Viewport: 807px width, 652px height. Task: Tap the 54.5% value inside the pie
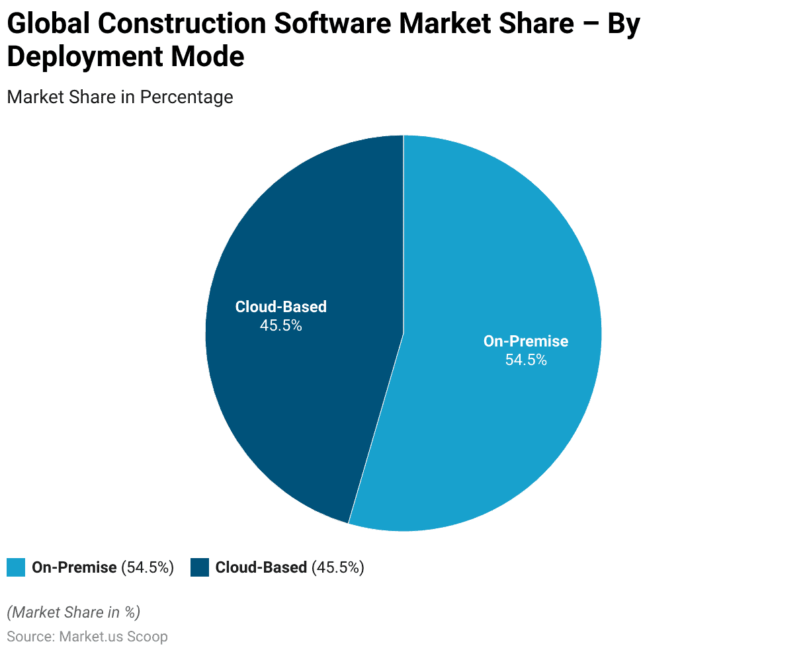[x=526, y=360]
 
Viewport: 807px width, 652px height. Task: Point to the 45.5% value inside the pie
[x=281, y=325]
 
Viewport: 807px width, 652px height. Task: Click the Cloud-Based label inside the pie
[x=281, y=307]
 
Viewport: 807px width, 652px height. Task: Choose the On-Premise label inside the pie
[x=526, y=341]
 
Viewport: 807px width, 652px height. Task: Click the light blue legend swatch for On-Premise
[x=16, y=567]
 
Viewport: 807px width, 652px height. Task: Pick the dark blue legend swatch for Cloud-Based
[x=200, y=567]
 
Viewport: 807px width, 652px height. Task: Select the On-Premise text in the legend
[x=74, y=567]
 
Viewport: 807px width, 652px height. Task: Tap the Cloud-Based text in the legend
[x=261, y=567]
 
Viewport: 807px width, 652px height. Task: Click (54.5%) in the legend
[x=148, y=567]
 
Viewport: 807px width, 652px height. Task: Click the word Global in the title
[x=48, y=24]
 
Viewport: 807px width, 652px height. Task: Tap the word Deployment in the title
[x=85, y=57]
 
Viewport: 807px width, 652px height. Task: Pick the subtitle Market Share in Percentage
[x=120, y=97]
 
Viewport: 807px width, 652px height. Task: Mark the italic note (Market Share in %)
[x=73, y=612]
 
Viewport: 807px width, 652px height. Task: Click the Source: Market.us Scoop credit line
[x=87, y=637]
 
